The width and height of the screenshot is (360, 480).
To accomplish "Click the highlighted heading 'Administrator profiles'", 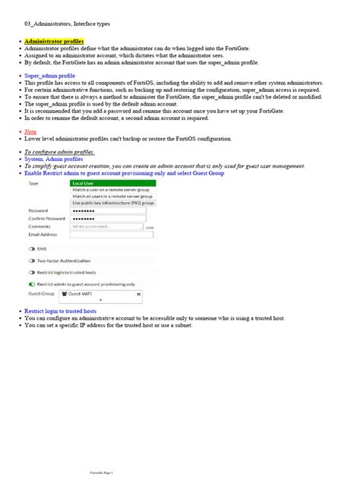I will pos(54,42).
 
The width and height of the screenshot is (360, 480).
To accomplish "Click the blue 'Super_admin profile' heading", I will pos(49,76).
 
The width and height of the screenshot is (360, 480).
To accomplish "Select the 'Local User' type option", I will pos(83,183).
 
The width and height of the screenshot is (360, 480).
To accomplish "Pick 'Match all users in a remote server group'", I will pos(112,197).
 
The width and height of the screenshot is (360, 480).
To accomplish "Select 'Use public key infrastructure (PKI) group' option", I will pos(113,204).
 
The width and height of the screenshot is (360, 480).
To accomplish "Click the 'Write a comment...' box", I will pos(106,226).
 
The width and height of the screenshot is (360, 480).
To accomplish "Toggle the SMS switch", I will pos(32,248).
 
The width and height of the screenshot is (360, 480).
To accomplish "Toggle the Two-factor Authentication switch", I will pos(32,261).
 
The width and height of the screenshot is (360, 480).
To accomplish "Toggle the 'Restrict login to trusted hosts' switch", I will pos(32,272).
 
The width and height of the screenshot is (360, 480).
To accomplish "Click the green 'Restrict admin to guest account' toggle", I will pos(32,283).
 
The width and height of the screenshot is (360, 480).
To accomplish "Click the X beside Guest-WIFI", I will pos(138,293).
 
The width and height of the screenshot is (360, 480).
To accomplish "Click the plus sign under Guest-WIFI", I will pos(101,300).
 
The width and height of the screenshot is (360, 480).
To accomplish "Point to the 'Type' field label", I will pos(33,184).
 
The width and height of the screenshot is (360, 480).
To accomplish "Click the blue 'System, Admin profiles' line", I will pos(54,159).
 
